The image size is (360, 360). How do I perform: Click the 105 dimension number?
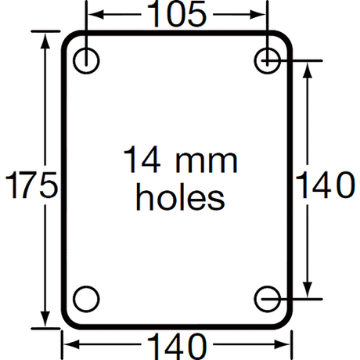(177, 14)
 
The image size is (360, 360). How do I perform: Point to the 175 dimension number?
(31, 185)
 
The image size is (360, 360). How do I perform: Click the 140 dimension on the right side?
(325, 185)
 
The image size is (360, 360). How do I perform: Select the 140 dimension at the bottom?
(178, 346)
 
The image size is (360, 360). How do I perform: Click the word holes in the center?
(180, 196)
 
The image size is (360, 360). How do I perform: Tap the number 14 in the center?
(142, 160)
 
